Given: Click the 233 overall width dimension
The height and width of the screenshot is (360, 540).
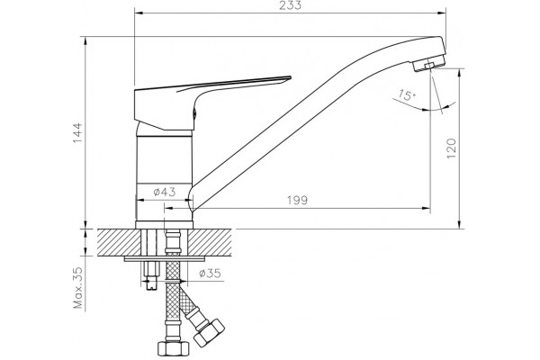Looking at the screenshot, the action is pos(290,5).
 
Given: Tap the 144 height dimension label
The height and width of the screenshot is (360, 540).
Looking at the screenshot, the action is pos(77,133).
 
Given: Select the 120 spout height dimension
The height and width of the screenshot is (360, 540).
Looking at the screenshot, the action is pos(452,148).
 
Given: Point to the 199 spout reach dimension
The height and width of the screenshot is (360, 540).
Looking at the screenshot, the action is pos(297,200).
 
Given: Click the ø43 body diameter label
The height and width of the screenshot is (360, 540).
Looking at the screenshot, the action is pos(165,192).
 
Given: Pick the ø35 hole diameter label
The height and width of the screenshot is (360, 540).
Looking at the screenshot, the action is pos(210,274).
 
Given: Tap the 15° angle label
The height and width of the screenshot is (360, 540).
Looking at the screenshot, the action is pos(407,94).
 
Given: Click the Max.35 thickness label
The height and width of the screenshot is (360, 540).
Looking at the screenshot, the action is pos(78,287).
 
